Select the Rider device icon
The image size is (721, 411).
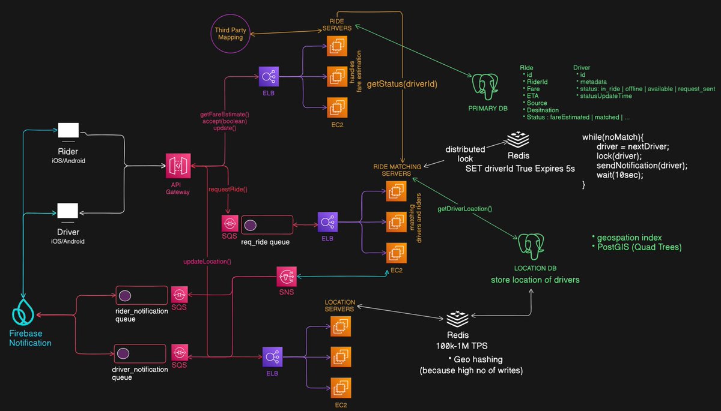point(67,130)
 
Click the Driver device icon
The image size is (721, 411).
point(67,212)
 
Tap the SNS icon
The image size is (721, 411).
point(287,277)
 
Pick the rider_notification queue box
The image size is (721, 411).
point(141,296)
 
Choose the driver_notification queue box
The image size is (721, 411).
point(141,352)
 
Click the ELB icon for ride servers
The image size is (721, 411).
point(268,77)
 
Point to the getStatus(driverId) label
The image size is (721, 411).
point(401,85)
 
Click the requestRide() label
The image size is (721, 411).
point(228,190)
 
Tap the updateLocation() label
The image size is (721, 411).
point(207,262)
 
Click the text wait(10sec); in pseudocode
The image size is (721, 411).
point(619,175)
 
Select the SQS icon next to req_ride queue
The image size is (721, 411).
point(230,224)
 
